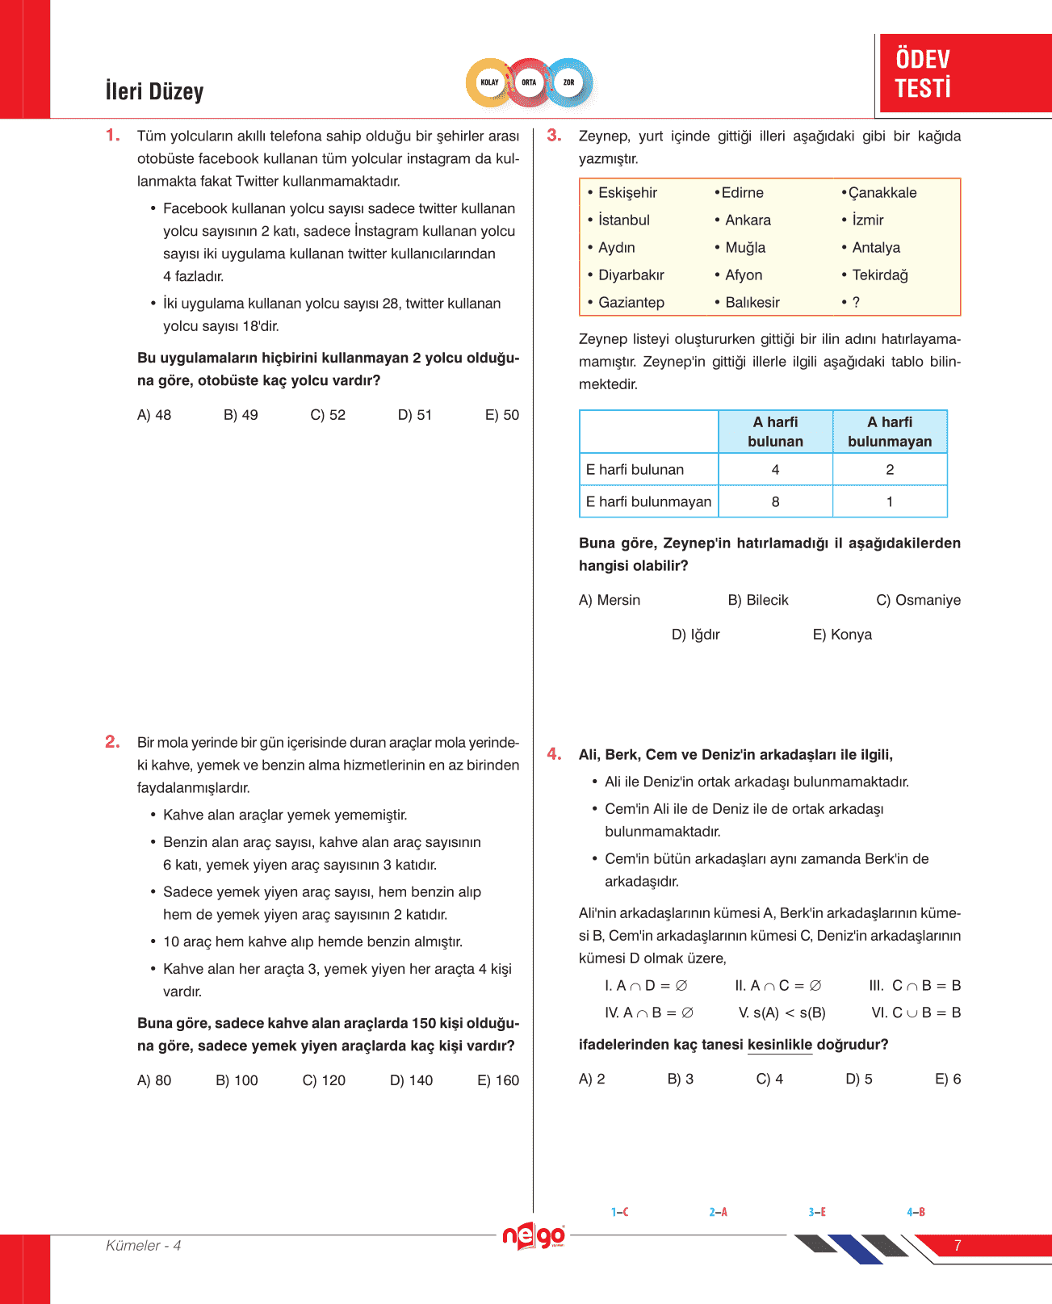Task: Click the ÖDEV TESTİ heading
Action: (923, 73)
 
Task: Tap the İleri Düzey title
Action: (154, 91)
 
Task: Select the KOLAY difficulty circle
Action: (489, 82)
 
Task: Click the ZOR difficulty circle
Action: (569, 82)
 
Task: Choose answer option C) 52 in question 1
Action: (328, 415)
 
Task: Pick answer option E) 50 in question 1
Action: (502, 415)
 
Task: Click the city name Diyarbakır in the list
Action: (631, 275)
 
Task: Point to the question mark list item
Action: (855, 303)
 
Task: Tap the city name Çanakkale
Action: (882, 193)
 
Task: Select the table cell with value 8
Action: (775, 501)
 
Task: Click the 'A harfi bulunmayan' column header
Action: (890, 432)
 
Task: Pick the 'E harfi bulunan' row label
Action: (635, 470)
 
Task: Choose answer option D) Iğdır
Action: (695, 635)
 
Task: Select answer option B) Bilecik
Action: (757, 601)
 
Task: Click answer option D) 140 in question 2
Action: (411, 1080)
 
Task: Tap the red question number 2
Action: (112, 742)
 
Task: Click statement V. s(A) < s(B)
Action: (782, 1013)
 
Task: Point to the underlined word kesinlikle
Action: (779, 1045)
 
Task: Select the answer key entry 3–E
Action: (816, 1212)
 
